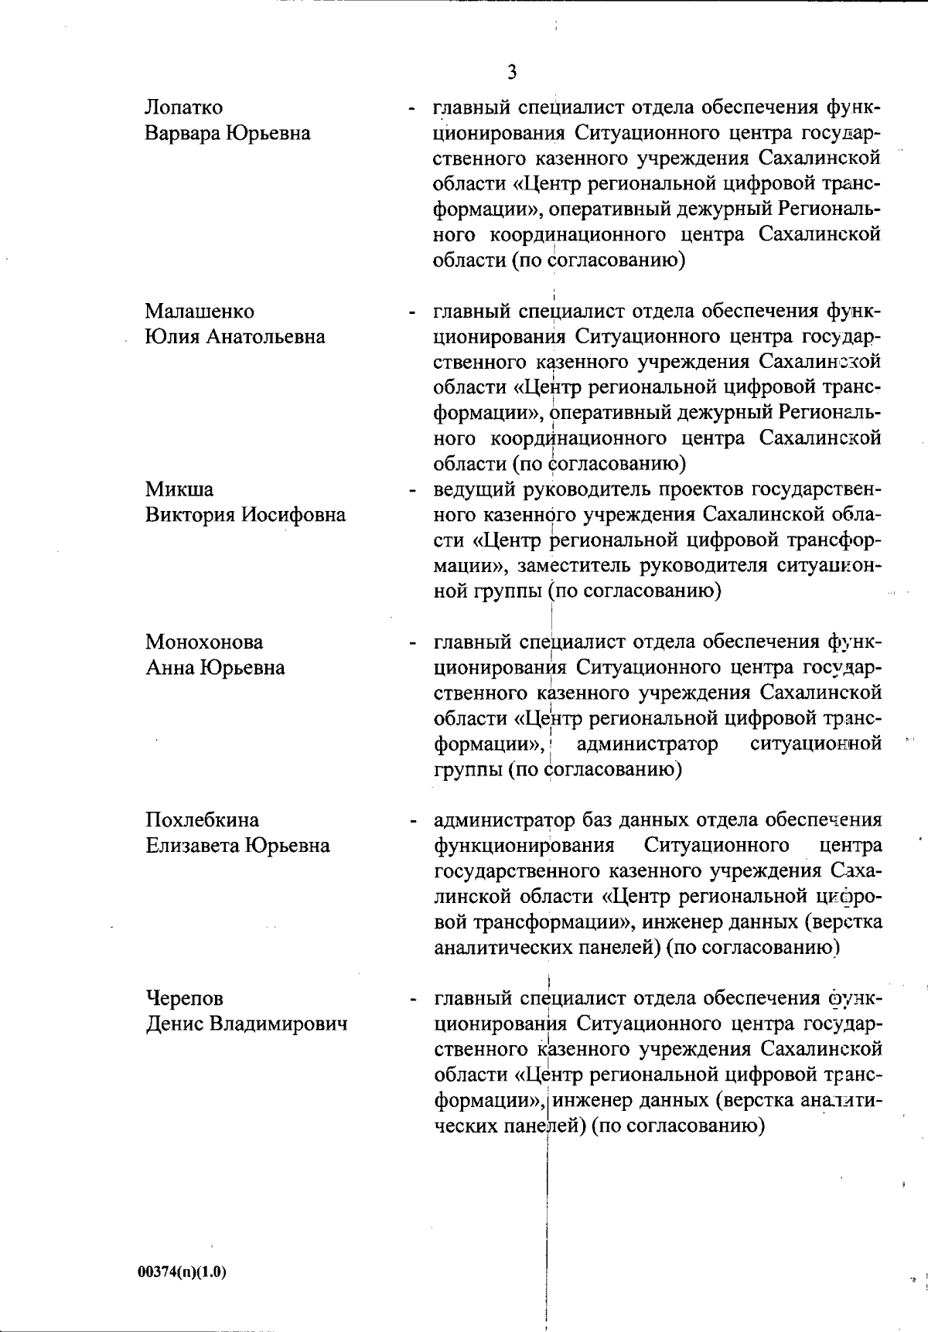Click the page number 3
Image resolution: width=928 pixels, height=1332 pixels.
pyautogui.click(x=512, y=73)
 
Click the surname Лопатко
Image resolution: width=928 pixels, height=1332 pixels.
pyautogui.click(x=183, y=107)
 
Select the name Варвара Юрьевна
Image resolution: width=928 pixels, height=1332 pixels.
pyautogui.click(x=227, y=133)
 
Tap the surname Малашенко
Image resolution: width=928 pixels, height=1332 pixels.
pyautogui.click(x=200, y=312)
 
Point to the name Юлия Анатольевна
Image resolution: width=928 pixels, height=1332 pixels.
pyautogui.click(x=235, y=337)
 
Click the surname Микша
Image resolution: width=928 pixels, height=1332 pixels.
pyautogui.click(x=179, y=489)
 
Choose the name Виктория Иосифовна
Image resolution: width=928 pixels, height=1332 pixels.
pyautogui.click(x=245, y=515)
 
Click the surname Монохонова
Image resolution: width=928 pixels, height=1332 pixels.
pyautogui.click(x=204, y=642)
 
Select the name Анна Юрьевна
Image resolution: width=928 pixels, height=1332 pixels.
pyautogui.click(x=215, y=667)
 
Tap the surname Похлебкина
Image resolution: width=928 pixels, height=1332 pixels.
pyautogui.click(x=203, y=819)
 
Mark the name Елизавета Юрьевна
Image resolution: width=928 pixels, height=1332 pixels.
pyautogui.click(x=237, y=845)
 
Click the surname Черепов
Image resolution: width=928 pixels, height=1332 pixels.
pyautogui.click(x=184, y=998)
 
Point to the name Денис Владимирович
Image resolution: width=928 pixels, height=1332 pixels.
pyautogui.click(x=247, y=1024)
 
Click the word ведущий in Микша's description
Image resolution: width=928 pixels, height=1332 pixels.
pyautogui.click(x=473, y=489)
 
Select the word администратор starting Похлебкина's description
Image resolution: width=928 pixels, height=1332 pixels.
pyautogui.click(x=504, y=819)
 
